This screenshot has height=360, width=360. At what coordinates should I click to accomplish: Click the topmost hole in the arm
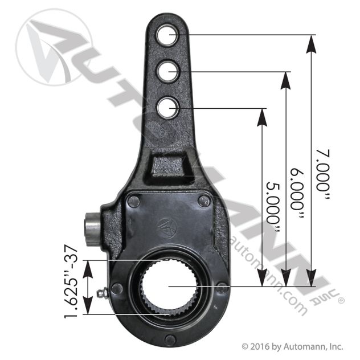tap(167, 35)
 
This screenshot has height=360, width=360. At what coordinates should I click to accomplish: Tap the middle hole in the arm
tap(167, 71)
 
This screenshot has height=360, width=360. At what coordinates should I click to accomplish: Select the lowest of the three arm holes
tap(167, 108)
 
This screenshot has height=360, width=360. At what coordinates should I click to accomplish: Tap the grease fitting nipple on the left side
tap(102, 293)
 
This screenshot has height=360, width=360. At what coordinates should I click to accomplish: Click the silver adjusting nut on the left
tap(92, 230)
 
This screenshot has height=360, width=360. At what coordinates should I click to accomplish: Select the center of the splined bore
tap(169, 287)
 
